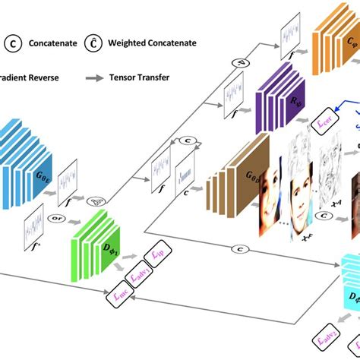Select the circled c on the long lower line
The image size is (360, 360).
tap(240, 249)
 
